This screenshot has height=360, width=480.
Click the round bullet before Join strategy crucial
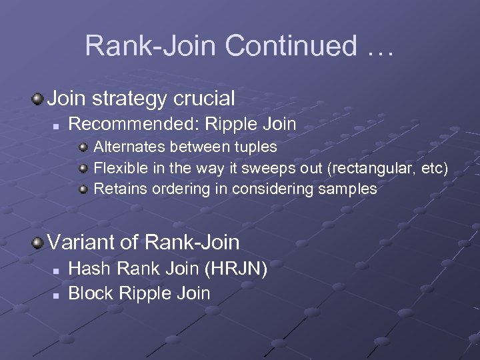tap(38, 99)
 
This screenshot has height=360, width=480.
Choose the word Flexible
tap(119, 167)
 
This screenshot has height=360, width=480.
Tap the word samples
tap(346, 189)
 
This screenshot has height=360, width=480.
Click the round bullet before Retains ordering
tap(83, 189)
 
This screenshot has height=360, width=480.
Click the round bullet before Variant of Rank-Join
tap(38, 241)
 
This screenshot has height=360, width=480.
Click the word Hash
tap(87, 269)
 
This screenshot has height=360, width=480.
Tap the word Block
tap(89, 293)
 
